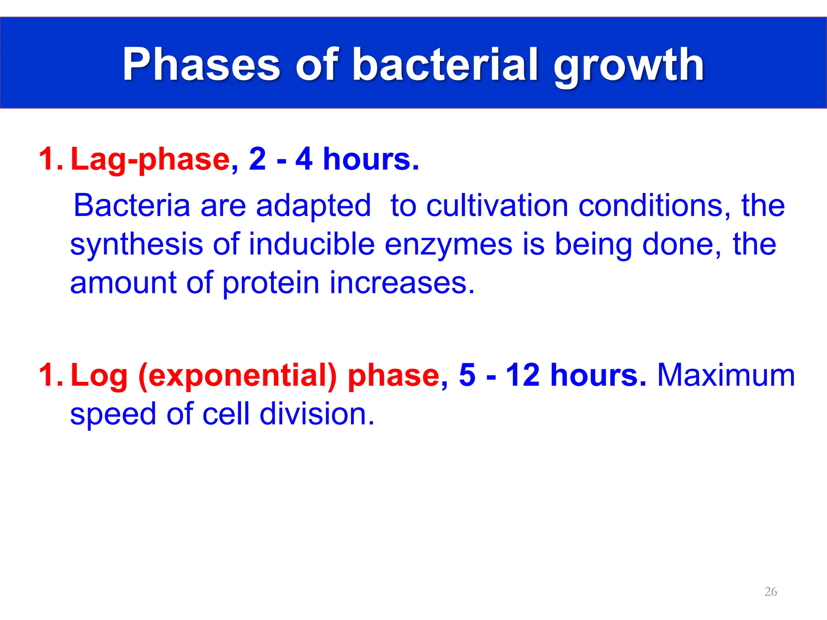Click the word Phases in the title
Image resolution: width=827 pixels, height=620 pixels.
click(x=201, y=65)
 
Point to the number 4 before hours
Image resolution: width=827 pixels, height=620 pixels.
click(x=304, y=159)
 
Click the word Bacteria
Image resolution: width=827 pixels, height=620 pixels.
click(x=132, y=206)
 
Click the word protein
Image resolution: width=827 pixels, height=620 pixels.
click(x=271, y=284)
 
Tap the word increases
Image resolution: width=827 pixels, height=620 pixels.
click(x=402, y=283)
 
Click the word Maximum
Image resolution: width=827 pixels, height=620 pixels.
click(x=726, y=375)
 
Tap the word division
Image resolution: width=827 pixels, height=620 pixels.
click(x=317, y=414)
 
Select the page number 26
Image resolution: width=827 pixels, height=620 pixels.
click(x=770, y=592)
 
